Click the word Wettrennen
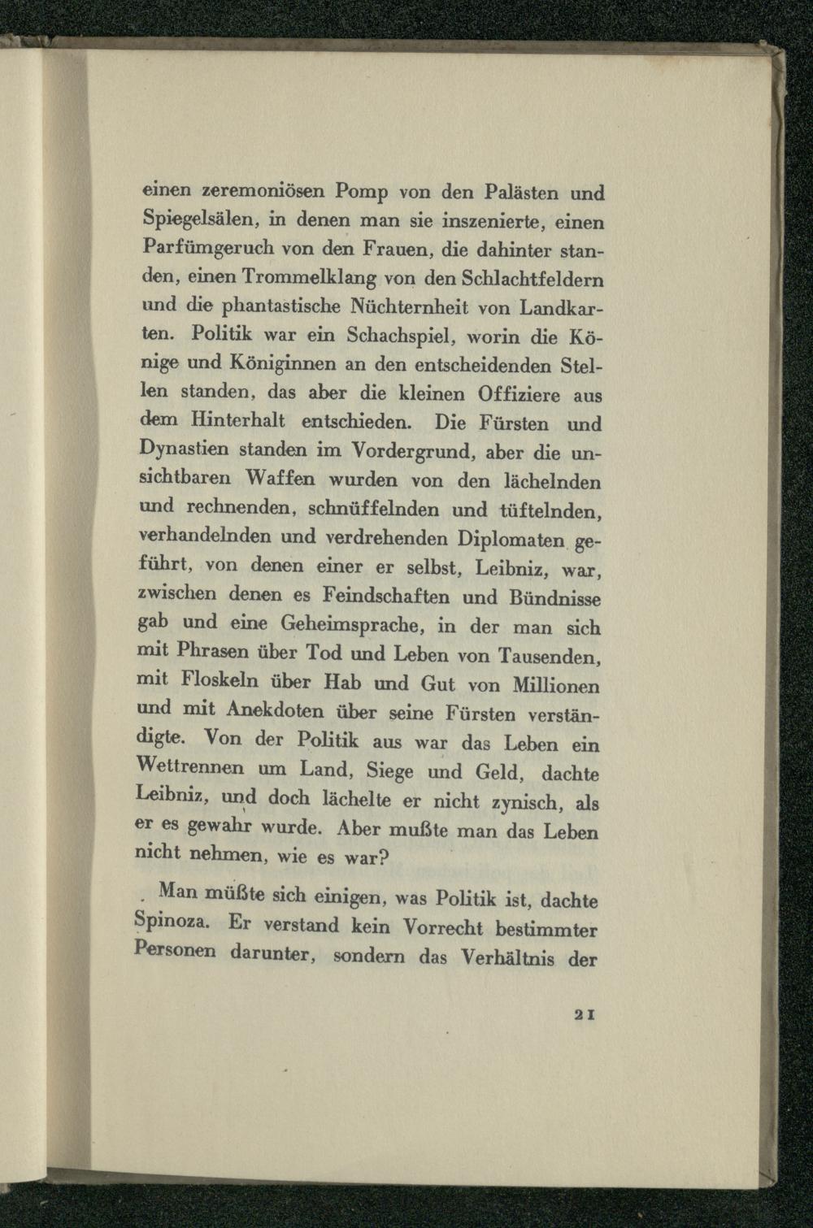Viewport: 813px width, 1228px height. pos(193,766)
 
